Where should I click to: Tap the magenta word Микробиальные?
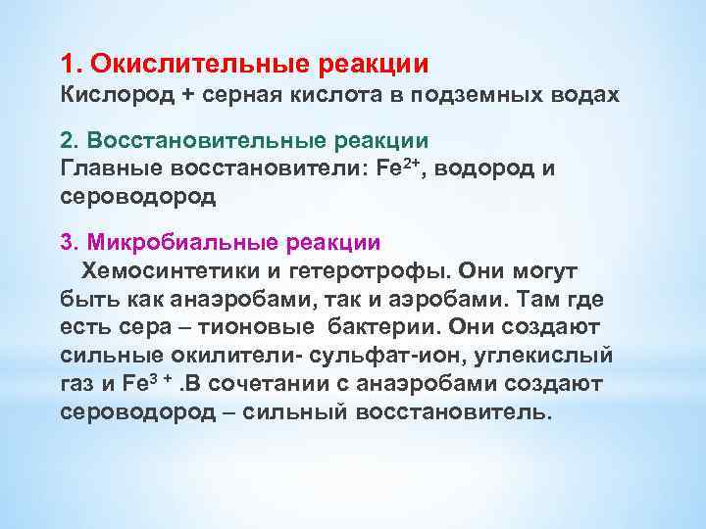click(185, 241)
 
